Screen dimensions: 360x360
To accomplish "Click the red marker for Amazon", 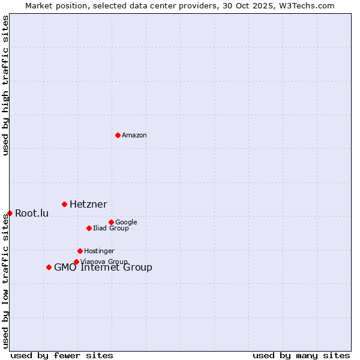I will tap(118, 135).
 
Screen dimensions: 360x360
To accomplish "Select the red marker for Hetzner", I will tap(64, 205).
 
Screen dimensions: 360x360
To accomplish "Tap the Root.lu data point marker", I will tap(10, 213).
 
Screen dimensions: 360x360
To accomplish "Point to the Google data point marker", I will tap(111, 222).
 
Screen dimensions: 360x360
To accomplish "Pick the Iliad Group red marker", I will tap(89, 228).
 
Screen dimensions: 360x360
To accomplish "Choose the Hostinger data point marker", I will tap(80, 251).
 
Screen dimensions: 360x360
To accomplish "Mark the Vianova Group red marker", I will tap(76, 262).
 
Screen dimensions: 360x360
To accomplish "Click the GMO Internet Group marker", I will tap(49, 267).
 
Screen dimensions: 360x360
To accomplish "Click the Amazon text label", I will tap(134, 136).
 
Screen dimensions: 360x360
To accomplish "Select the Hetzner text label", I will tap(88, 205).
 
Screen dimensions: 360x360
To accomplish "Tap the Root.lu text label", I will tap(32, 214).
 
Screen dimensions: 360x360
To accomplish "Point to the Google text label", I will tap(126, 223).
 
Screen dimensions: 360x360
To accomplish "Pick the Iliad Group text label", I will tap(111, 229).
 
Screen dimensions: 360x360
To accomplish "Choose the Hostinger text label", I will tap(99, 251).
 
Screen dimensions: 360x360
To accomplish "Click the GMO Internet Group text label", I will tap(103, 268).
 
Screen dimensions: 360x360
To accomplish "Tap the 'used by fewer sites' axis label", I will tap(62, 356).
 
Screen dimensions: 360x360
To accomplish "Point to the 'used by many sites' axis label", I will tap(301, 356).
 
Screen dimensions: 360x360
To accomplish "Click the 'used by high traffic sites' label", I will tap(5, 86).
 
